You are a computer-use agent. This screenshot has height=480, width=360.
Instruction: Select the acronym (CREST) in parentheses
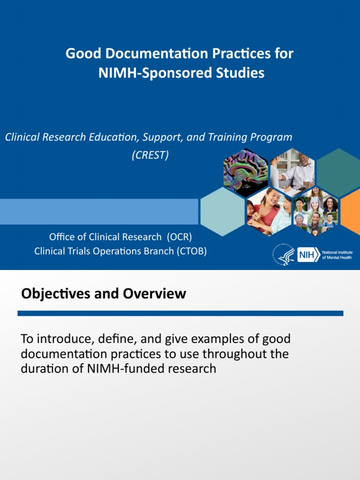tap(150, 155)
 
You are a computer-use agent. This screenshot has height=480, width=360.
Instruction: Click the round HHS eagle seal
tap(282, 256)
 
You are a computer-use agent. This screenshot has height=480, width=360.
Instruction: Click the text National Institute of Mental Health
tap(337, 255)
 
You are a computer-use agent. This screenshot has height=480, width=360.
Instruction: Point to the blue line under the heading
tap(180, 313)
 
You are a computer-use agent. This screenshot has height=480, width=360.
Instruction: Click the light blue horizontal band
tap(98, 211)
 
